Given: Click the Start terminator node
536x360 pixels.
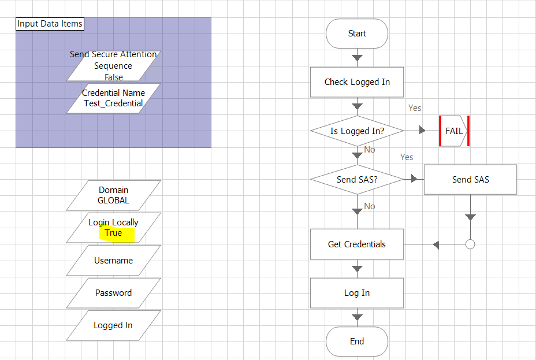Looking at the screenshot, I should (357, 34).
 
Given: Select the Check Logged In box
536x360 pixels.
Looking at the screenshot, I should (357, 82).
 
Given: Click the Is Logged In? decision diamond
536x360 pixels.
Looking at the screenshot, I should (357, 131).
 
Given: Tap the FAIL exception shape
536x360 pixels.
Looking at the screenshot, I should (454, 131).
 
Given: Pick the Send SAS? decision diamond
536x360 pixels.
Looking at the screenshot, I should (357, 180).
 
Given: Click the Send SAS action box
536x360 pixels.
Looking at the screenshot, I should (470, 180).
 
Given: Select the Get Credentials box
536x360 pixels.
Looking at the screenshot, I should (357, 244).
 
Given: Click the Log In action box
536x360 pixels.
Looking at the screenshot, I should (357, 293).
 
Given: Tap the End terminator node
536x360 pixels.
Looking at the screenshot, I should (357, 342).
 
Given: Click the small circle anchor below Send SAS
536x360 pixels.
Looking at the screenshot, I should (470, 244).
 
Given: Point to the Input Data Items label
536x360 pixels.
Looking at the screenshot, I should (50, 24).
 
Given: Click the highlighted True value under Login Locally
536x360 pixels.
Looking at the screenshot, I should (113, 233).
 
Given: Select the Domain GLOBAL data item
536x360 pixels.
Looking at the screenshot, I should (113, 195).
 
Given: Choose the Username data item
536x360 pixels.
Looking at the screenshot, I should (113, 261).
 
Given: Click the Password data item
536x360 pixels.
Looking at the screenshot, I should (113, 293).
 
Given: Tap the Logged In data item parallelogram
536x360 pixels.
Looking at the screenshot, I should (113, 325).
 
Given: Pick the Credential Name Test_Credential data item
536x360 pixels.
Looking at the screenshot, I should (113, 98).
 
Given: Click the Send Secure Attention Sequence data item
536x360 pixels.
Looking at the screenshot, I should (113, 65).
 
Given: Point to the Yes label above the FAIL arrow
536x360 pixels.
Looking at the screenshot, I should (415, 108).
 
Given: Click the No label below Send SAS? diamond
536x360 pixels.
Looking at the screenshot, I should (370, 206).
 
